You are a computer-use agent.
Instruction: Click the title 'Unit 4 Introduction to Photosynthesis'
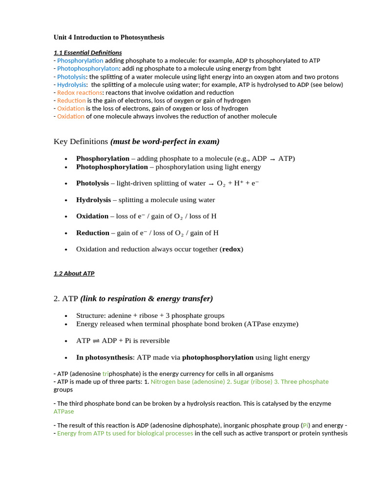click(109, 37)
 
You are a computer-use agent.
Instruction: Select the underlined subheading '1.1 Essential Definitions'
click(87, 53)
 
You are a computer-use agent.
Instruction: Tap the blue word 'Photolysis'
click(71, 77)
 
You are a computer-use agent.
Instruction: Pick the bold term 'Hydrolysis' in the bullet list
click(93, 200)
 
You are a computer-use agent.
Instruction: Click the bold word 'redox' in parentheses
click(231, 249)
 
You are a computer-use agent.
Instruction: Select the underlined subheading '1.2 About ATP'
click(74, 273)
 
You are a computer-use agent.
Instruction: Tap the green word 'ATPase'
click(63, 412)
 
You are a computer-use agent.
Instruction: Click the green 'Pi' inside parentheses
click(306, 425)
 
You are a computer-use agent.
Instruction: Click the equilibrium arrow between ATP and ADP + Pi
click(96, 341)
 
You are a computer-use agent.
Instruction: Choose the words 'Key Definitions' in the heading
click(81, 142)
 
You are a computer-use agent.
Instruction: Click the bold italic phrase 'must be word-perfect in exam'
click(165, 142)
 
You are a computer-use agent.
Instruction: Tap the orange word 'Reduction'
click(71, 101)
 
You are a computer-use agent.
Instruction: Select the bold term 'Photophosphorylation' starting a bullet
click(112, 167)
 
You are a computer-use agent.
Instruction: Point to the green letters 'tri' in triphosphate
click(106, 374)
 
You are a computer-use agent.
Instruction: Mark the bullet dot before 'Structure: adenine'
click(66, 316)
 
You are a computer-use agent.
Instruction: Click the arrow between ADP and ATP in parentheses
click(272, 159)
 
